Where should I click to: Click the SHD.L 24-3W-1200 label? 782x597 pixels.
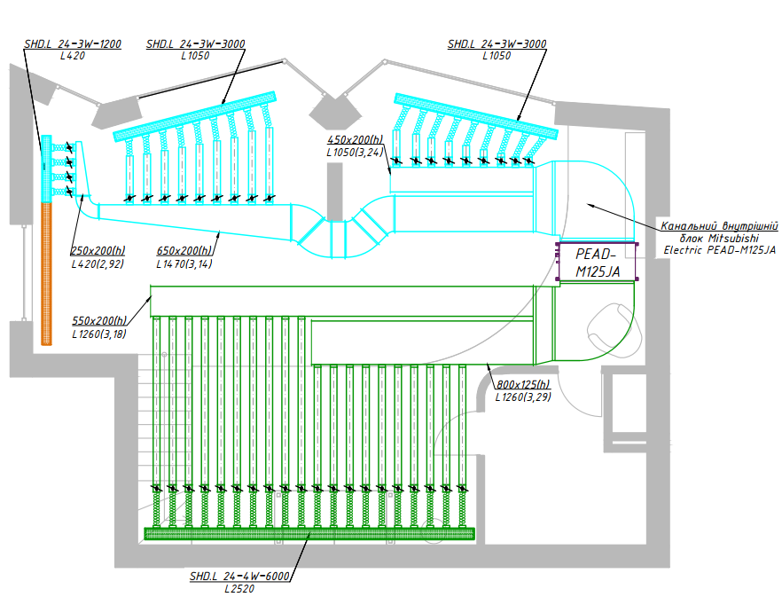point(73,43)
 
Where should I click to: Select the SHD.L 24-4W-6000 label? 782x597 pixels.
point(239,577)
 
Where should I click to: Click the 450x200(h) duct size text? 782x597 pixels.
point(355,140)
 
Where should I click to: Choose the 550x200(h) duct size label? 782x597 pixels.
point(99,321)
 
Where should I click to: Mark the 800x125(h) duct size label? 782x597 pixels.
point(523,385)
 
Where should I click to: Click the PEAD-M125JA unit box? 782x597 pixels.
point(597,263)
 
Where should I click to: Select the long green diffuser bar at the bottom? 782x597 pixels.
point(309,533)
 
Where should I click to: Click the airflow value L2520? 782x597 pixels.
point(239,588)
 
